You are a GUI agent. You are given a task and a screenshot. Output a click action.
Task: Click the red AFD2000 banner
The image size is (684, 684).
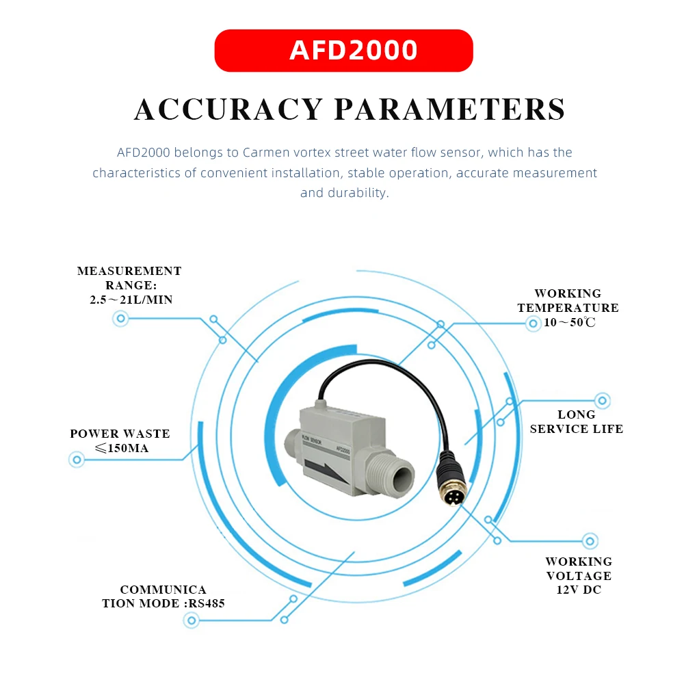point(343,51)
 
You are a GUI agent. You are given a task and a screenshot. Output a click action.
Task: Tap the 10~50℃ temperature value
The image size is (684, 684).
point(570,323)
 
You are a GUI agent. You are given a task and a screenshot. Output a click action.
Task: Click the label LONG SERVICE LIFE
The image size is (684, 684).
point(577,422)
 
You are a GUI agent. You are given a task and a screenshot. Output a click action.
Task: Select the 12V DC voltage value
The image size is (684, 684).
point(579,590)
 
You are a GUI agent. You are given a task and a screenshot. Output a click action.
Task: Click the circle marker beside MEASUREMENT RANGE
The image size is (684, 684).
point(122,318)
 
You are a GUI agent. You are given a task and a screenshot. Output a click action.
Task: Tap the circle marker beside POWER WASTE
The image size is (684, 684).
point(77,460)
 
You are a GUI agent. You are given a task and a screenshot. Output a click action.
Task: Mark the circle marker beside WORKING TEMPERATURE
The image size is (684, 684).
point(532,324)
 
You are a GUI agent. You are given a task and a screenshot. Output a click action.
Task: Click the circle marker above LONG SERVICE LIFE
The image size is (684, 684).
point(602,400)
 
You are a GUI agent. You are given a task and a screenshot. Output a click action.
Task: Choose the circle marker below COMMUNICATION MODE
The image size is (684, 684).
point(192,621)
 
